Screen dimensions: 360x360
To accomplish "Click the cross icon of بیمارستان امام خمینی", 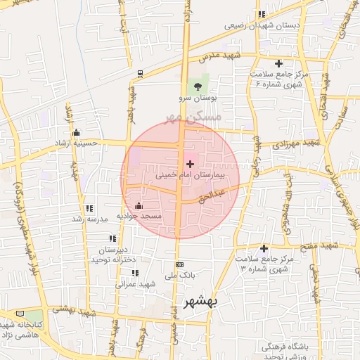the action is (190, 163).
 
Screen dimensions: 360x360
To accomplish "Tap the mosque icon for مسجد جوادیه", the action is (139, 206).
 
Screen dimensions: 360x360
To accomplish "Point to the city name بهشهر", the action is (201, 302).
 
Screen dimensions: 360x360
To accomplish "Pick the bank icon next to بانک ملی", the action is (179, 264).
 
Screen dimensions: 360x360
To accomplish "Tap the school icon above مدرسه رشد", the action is (89, 208).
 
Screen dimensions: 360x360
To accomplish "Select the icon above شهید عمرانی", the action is (135, 273).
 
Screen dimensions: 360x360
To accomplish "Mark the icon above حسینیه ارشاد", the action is (76, 133).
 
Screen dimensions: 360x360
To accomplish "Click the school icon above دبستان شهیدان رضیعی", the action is (262, 14).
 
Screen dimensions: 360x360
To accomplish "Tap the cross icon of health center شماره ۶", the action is (278, 64).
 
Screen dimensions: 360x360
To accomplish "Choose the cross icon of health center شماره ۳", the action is (264, 248).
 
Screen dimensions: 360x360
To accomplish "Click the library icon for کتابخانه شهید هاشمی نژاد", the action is (18, 314).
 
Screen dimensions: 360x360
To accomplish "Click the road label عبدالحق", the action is (212, 195).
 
